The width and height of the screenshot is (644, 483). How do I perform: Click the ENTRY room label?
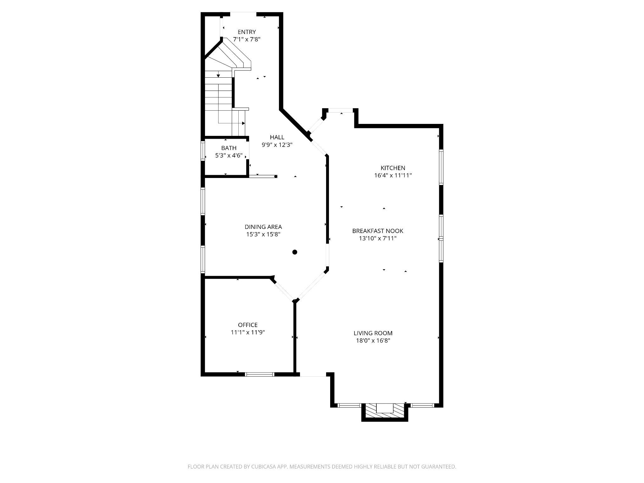coord(247,32)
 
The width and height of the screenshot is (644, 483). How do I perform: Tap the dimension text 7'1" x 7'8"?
coord(247,40)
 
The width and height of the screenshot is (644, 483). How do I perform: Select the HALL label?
coord(277,137)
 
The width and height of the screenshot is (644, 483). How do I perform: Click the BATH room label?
coord(229,148)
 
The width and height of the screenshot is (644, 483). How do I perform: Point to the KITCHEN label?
coord(393,168)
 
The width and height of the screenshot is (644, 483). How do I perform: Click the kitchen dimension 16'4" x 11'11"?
coord(393,175)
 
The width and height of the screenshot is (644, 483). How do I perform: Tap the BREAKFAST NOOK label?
coord(377,231)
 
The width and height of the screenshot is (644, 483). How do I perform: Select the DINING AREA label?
coord(263,227)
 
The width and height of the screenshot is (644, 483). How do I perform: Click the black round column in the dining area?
coord(295,252)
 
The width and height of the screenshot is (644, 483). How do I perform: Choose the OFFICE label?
coord(247,325)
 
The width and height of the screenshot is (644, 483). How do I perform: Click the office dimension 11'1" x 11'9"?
coord(247,332)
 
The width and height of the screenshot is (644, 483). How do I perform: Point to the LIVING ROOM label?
coord(373,333)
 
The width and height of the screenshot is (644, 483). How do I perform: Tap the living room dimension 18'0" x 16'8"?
coord(373,341)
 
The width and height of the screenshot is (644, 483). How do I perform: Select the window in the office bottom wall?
coord(259,374)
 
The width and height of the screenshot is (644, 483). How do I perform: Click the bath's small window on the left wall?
coord(203,152)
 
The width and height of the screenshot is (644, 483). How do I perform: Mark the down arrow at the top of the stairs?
coord(218,76)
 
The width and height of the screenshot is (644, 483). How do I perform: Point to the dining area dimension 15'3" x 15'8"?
coord(263,234)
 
